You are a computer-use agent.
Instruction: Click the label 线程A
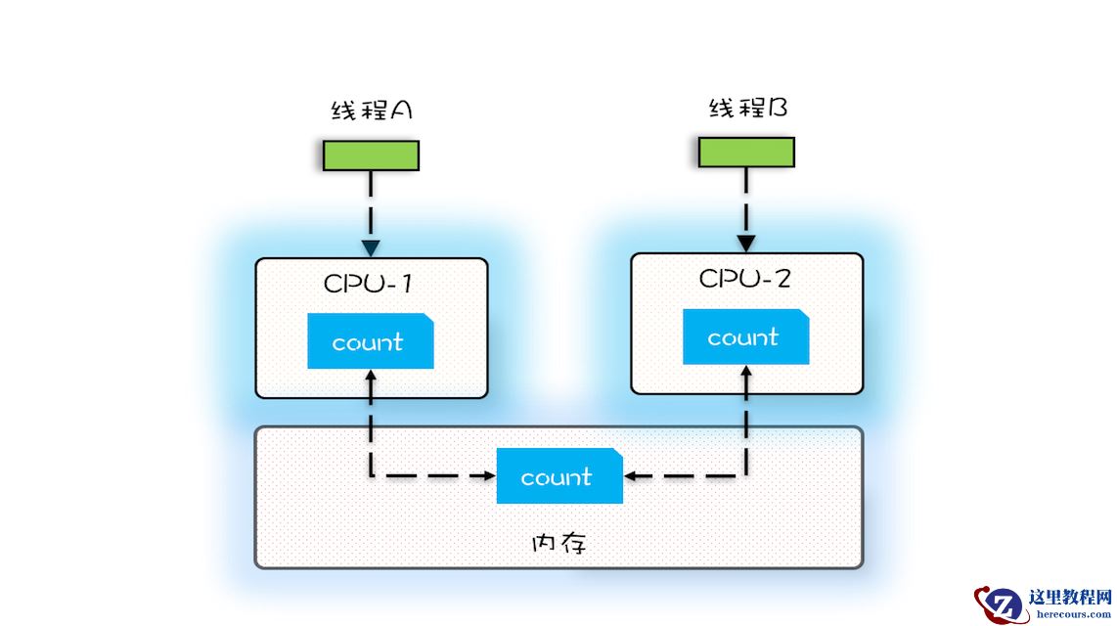372,111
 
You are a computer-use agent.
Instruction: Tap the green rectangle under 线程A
372,156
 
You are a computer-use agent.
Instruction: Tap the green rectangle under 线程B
746,152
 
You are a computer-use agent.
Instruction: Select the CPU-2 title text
745,278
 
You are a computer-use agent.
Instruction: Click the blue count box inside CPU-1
370,341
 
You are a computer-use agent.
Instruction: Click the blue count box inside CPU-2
745,336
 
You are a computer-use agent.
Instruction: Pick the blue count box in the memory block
558,476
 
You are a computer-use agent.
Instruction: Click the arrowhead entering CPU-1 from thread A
371,246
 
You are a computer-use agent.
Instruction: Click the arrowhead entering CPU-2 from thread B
746,243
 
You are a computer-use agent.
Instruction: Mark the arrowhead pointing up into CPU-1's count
371,376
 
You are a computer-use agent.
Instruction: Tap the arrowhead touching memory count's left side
489,476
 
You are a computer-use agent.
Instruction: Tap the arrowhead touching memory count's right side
631,476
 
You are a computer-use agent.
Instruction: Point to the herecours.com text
1072,614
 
